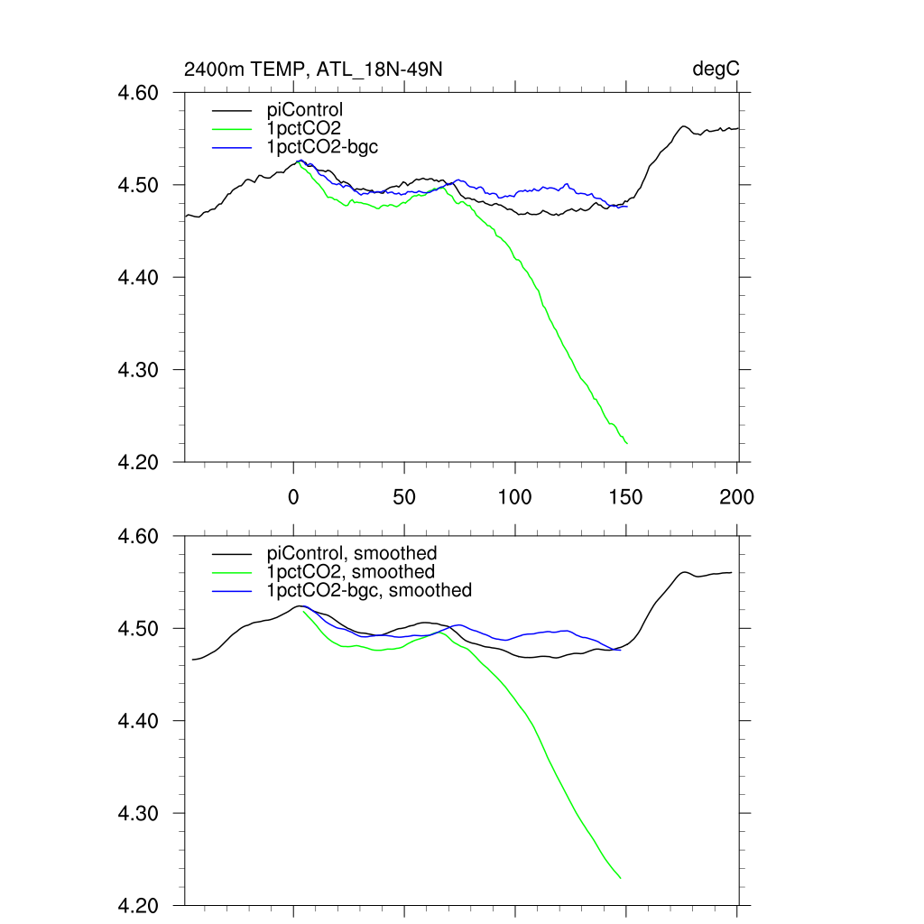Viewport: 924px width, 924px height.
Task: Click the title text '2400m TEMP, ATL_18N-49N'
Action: click(x=313, y=69)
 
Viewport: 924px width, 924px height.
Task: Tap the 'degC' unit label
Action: click(x=716, y=69)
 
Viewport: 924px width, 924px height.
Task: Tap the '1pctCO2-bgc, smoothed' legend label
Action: click(x=369, y=590)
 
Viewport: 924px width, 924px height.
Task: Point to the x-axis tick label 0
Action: click(x=293, y=497)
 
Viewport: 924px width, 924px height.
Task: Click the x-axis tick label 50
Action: click(x=404, y=497)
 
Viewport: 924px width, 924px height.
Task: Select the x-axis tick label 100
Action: click(x=515, y=497)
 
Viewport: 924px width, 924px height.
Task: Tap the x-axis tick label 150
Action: click(x=626, y=497)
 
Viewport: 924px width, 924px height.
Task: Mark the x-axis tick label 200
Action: click(x=737, y=497)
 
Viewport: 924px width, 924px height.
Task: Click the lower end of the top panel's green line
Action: click(x=626, y=443)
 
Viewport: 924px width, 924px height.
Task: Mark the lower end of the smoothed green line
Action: click(x=621, y=878)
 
